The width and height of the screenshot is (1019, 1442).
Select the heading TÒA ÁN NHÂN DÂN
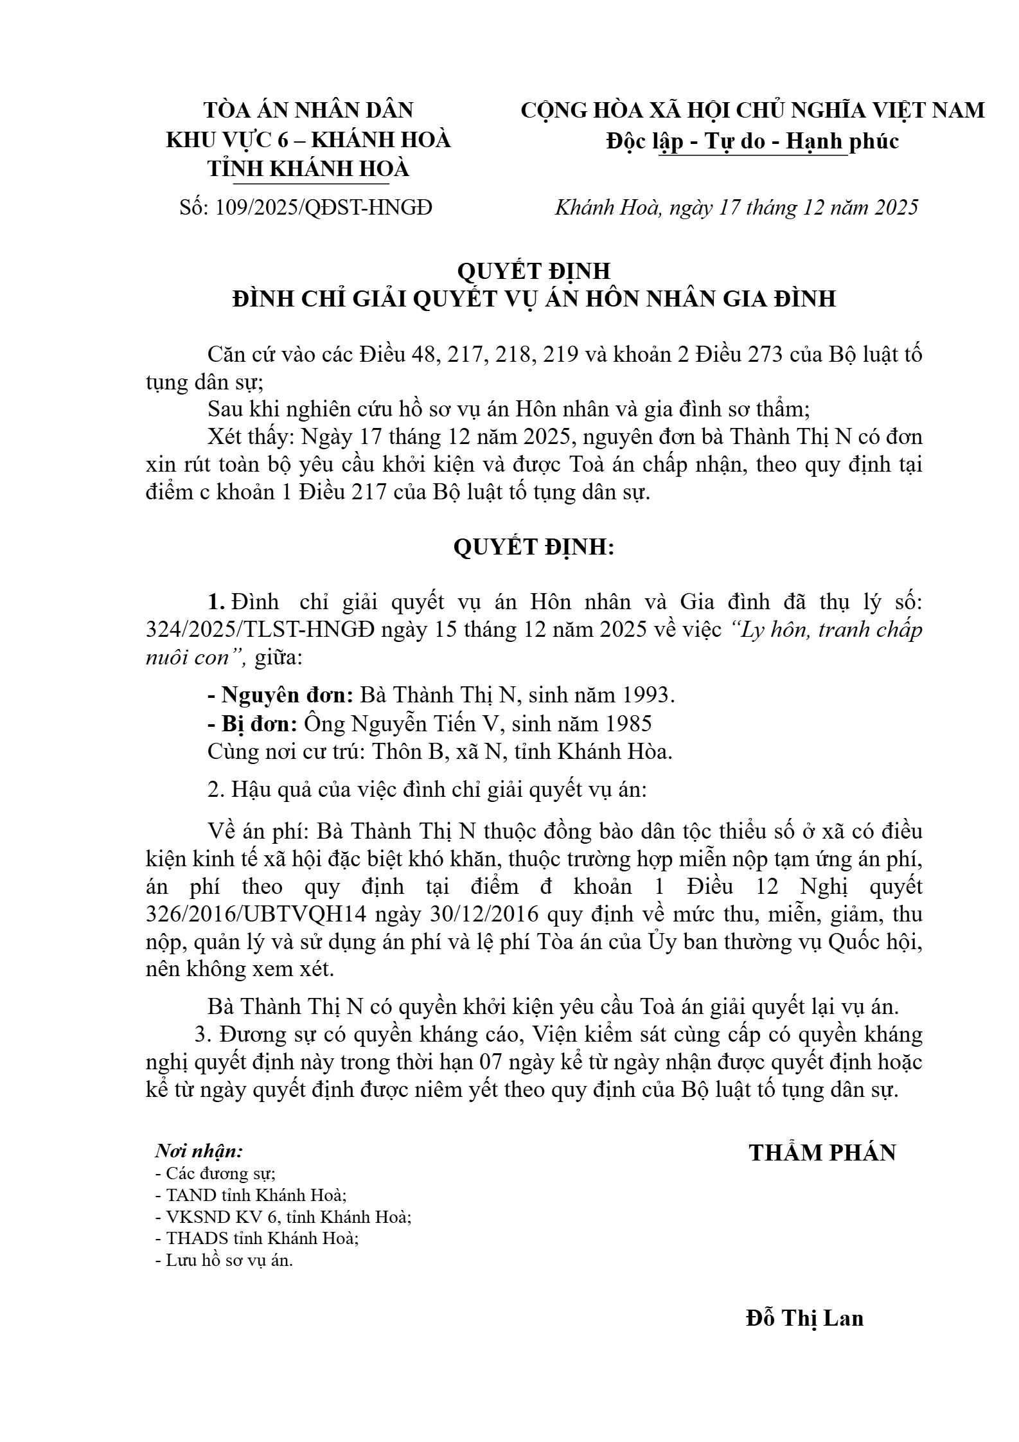click(308, 111)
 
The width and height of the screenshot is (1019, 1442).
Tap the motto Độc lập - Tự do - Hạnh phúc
click(752, 141)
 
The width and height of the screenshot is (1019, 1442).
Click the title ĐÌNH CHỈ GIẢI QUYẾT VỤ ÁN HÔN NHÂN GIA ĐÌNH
click(534, 299)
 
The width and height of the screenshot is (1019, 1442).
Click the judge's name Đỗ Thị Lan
click(804, 1318)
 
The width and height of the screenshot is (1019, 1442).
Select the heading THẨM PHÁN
click(822, 1153)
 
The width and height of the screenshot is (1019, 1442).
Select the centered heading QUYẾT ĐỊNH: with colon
click(534, 547)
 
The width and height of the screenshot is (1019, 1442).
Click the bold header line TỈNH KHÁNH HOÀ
click(308, 168)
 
